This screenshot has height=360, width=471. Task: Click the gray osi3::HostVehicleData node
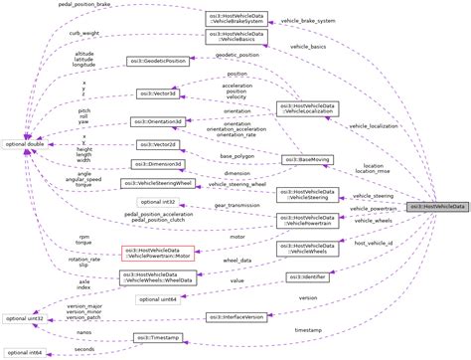(437, 205)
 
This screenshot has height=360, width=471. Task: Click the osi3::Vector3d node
(157, 93)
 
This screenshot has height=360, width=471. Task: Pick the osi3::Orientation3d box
(157, 121)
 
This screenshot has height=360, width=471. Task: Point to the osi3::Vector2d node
(157, 144)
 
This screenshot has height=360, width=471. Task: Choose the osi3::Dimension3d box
(157, 163)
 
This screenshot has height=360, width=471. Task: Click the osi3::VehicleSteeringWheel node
(157, 184)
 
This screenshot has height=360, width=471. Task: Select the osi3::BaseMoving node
(307, 159)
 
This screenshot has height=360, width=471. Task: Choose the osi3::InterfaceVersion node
(235, 316)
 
